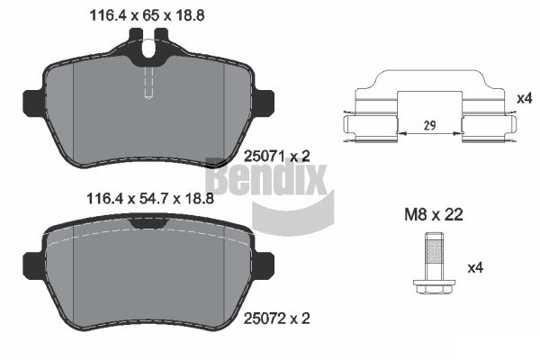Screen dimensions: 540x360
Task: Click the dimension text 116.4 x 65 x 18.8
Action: [x=147, y=15]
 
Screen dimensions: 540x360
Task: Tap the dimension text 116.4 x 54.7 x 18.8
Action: [x=150, y=199]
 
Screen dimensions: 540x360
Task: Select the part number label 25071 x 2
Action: [x=277, y=157]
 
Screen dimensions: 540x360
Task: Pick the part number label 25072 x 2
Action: [x=277, y=319]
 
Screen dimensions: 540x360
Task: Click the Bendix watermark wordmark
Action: [x=267, y=177]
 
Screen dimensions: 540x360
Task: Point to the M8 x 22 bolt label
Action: [x=434, y=215]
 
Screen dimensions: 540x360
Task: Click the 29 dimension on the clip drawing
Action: [x=430, y=125]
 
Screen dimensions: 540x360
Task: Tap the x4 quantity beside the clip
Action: [x=525, y=99]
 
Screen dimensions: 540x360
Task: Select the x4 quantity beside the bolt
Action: [x=475, y=267]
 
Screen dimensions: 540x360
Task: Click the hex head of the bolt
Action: [x=435, y=286]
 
